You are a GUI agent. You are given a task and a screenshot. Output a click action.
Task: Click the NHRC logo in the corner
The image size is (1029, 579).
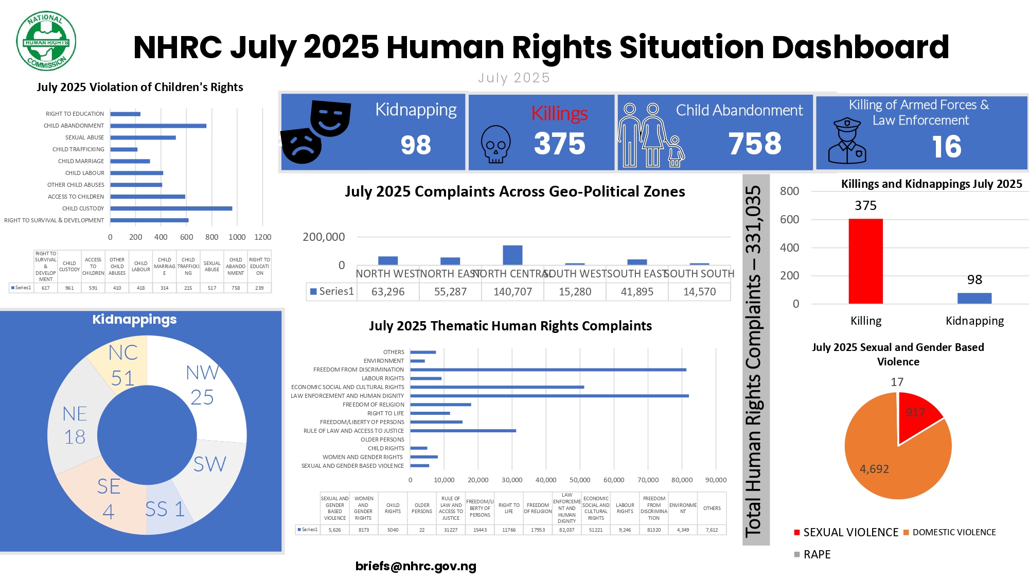coord(46,41)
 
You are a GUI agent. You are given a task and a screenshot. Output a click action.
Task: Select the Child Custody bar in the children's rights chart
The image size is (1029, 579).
coord(171,208)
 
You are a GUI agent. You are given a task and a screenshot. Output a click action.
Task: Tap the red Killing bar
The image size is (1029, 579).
coord(865,261)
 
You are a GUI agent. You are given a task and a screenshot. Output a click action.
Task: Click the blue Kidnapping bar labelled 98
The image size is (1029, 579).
coord(974,298)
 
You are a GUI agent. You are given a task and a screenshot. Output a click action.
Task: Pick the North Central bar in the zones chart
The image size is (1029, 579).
coord(512,255)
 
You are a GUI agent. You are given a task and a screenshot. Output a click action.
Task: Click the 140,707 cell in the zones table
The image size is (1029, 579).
coord(512,292)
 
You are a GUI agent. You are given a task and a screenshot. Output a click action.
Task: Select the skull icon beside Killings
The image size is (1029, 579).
coord(495,145)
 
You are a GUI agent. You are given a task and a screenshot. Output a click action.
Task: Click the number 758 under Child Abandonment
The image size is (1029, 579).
coord(755,144)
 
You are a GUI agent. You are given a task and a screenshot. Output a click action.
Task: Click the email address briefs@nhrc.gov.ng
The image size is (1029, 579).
coord(416,566)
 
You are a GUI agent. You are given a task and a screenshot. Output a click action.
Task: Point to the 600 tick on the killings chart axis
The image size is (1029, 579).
coord(789,219)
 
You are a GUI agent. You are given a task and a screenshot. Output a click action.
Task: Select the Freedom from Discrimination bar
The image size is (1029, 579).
coord(548,370)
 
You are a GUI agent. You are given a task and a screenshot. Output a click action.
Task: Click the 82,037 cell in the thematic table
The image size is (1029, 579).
coord(566,530)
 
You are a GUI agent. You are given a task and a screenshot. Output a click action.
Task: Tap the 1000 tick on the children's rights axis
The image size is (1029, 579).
coord(237,237)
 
